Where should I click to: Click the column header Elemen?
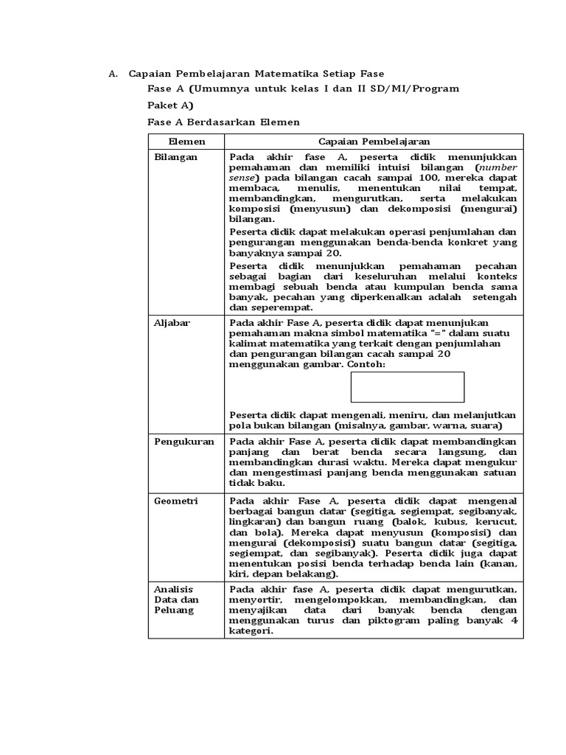(x=186, y=141)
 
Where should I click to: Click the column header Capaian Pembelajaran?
(x=374, y=141)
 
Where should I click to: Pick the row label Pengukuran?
(x=184, y=441)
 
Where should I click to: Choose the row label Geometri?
(x=175, y=500)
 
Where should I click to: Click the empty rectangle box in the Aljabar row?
(x=407, y=387)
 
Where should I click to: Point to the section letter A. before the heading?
(x=113, y=74)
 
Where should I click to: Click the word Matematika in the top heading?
(x=284, y=74)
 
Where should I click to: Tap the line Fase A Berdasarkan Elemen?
(x=223, y=122)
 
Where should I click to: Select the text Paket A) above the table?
(x=170, y=105)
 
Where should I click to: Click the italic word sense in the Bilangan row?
(x=241, y=178)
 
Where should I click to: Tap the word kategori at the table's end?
(x=250, y=631)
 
